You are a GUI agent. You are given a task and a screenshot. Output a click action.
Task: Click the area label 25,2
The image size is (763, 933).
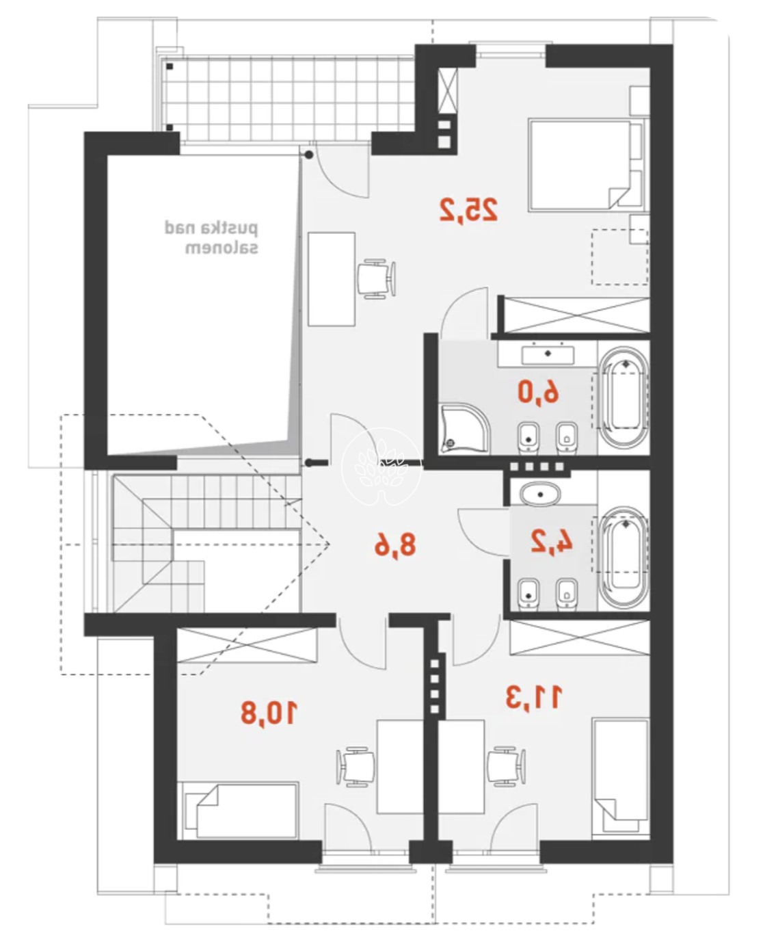click(x=468, y=211)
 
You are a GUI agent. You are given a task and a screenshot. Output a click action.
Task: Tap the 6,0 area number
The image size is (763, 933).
click(x=538, y=393)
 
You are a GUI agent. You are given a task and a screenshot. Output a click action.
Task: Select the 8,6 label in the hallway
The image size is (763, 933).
click(x=395, y=545)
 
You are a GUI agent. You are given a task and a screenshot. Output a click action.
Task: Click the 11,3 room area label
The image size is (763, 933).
click(x=534, y=698)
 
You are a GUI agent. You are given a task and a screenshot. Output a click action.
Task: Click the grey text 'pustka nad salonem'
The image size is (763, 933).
click(x=211, y=238)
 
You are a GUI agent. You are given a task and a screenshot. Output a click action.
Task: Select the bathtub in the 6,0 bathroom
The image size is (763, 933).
click(x=624, y=397)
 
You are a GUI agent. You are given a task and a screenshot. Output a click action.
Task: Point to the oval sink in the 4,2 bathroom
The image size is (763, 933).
click(x=539, y=494)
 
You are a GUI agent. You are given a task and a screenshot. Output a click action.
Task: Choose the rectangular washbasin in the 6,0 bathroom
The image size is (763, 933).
click(x=548, y=354)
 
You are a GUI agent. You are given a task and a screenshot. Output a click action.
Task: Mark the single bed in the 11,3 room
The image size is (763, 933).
click(x=621, y=776)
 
